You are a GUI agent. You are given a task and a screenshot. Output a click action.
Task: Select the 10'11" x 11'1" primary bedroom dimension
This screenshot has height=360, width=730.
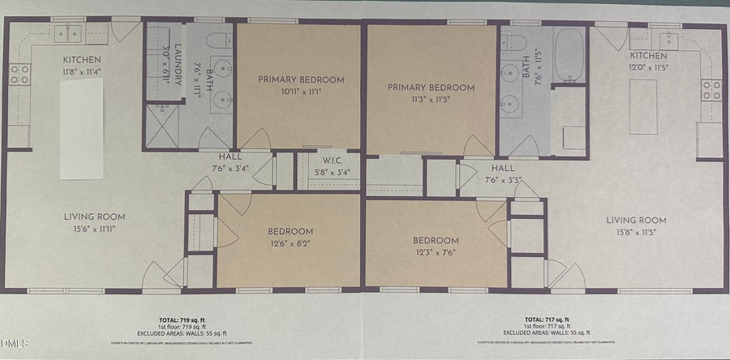click(x=301, y=92)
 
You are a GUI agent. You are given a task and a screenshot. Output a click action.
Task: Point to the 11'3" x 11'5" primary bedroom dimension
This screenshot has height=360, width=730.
click(x=430, y=99)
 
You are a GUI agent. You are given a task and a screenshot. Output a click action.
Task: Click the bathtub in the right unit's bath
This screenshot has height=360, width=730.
click(x=569, y=54)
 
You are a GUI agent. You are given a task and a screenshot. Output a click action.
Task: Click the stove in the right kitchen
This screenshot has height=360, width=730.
click(x=711, y=90)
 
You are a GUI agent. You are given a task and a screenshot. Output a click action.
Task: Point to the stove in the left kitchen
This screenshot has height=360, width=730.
click(x=19, y=75)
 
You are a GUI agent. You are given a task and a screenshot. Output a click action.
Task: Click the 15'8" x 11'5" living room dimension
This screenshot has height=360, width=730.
click(x=636, y=232)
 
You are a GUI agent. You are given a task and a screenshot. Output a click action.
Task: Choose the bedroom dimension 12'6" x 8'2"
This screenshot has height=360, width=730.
click(x=290, y=242)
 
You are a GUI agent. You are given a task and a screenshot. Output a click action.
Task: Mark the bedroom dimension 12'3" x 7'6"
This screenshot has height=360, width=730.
click(x=435, y=252)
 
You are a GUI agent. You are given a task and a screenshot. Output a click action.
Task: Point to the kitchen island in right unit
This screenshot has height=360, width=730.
click(x=643, y=105)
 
